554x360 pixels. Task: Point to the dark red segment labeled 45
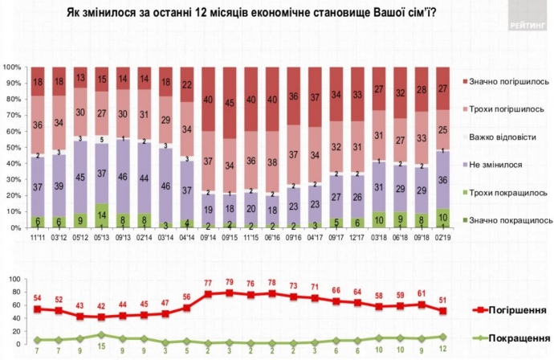pyautogui.click(x=230, y=103)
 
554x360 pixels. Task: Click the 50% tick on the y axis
pyautogui.click(x=14, y=147)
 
